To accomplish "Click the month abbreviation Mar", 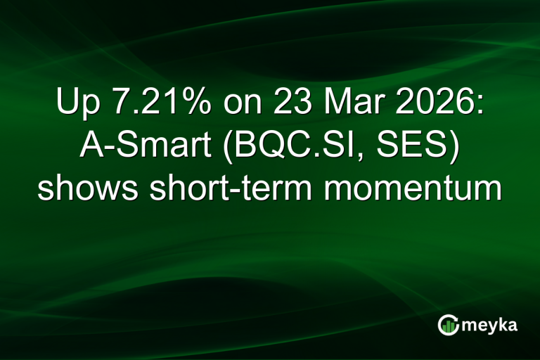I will point(340,105).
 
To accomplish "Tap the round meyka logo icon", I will point(447,324).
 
